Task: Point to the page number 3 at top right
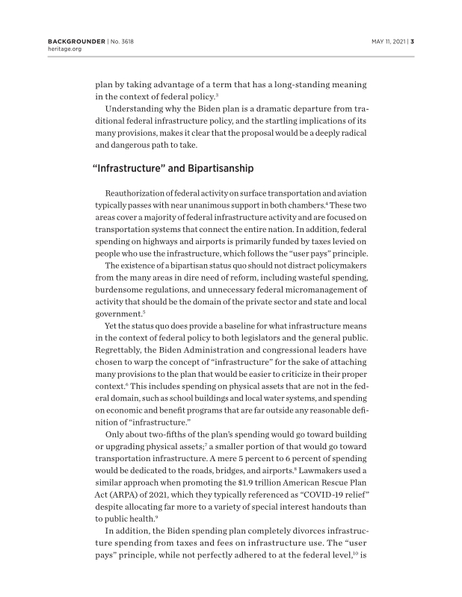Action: [412, 41]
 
